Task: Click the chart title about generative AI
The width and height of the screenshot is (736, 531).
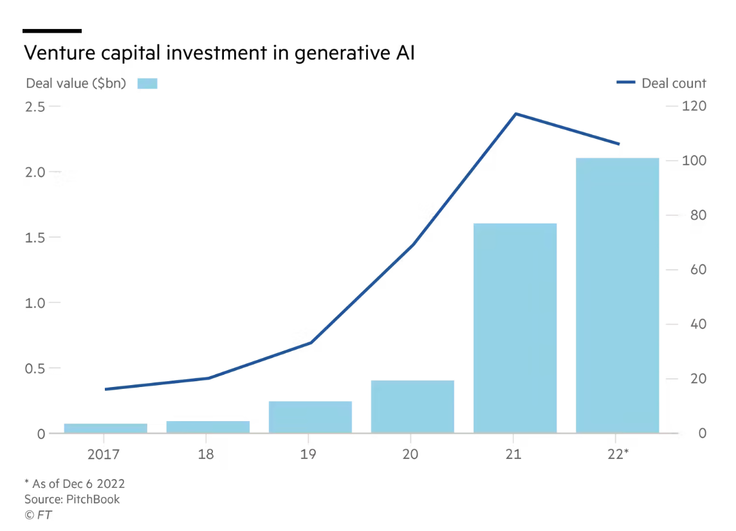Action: pyautogui.click(x=219, y=53)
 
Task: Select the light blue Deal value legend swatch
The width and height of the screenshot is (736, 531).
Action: pyautogui.click(x=147, y=84)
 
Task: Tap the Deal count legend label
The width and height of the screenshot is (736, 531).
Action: pyautogui.click(x=674, y=84)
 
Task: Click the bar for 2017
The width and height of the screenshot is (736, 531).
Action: pyautogui.click(x=106, y=428)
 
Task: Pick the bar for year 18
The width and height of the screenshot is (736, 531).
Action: pyautogui.click(x=208, y=427)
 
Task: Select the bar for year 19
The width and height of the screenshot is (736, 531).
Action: pyautogui.click(x=310, y=417)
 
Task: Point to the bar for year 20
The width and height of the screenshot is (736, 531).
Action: pyautogui.click(x=412, y=406)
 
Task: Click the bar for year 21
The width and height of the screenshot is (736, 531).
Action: pyautogui.click(x=515, y=328)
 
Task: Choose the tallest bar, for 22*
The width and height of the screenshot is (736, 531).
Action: pyautogui.click(x=617, y=296)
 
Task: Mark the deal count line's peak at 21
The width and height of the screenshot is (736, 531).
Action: pyautogui.click(x=515, y=114)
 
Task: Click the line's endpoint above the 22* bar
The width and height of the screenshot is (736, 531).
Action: pyautogui.click(x=618, y=144)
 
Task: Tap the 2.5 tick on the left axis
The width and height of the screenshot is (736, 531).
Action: pyautogui.click(x=35, y=106)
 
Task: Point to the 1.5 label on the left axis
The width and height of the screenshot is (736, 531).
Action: pyautogui.click(x=35, y=237)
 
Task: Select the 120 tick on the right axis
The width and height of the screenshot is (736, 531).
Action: pyautogui.click(x=694, y=106)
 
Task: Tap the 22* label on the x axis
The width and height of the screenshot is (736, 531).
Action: pyautogui.click(x=618, y=455)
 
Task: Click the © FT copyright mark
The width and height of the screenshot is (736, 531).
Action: pyautogui.click(x=38, y=515)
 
